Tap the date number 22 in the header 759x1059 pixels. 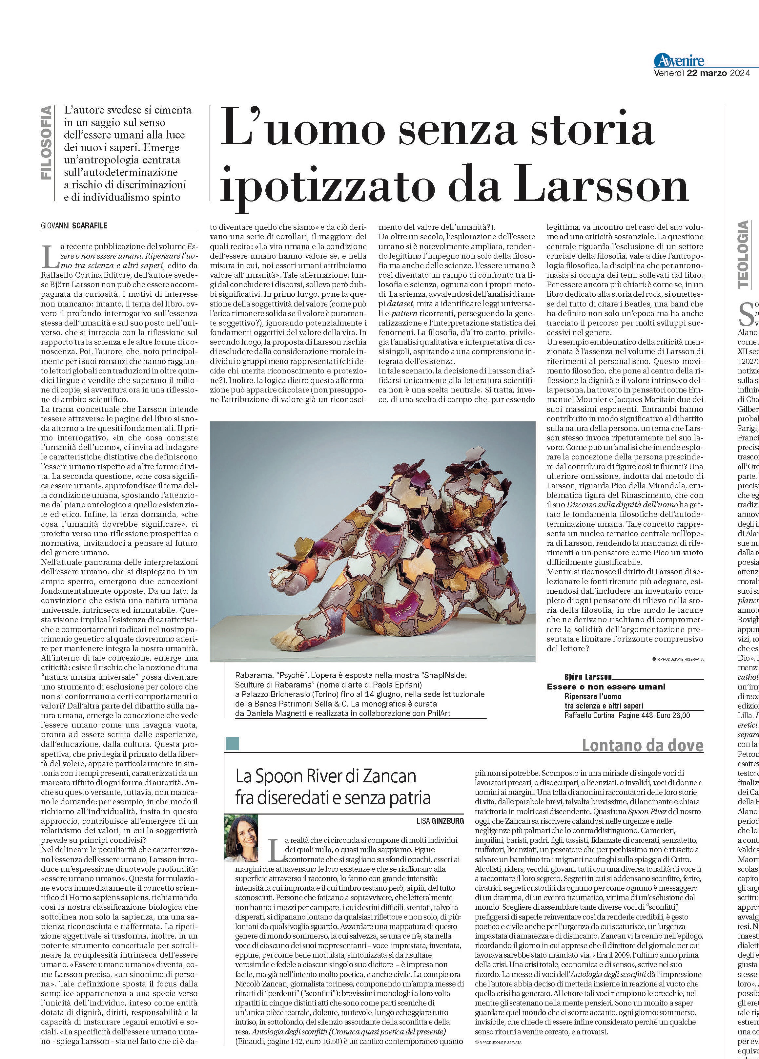click(694, 73)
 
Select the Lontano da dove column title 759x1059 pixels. click(642, 746)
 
